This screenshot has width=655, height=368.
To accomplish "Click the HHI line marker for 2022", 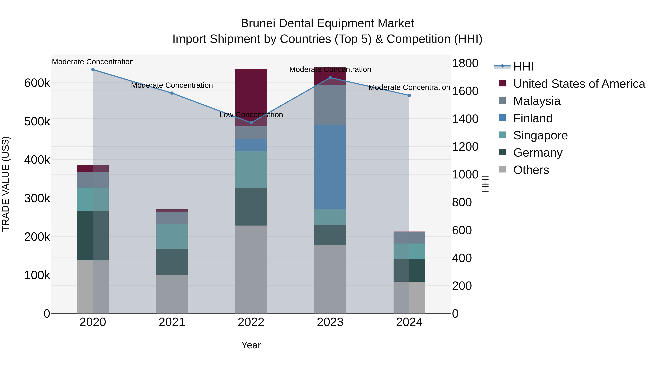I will (x=251, y=123).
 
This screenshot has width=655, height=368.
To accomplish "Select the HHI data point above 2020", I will (x=93, y=70).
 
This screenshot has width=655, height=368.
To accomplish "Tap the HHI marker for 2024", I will (x=409, y=95).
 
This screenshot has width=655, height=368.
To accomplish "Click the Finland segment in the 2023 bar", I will (x=330, y=167).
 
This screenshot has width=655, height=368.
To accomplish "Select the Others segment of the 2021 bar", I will (x=172, y=294).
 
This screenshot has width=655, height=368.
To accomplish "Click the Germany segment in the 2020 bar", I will (x=93, y=235).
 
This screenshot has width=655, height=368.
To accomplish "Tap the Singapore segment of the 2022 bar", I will (x=251, y=170).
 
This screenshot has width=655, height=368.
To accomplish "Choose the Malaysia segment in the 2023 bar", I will (x=330, y=105).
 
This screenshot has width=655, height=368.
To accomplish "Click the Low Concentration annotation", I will (x=251, y=115).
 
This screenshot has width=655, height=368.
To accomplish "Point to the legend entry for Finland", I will (x=533, y=118).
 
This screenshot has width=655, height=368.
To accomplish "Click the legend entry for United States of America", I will (x=579, y=84).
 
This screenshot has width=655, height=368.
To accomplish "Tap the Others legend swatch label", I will (x=531, y=170).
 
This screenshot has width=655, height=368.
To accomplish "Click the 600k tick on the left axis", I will (x=37, y=83).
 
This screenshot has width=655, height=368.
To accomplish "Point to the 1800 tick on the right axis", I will (x=465, y=63).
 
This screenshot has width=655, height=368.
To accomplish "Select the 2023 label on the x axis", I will (x=330, y=322).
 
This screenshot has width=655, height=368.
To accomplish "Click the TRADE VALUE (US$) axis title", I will (x=6, y=184).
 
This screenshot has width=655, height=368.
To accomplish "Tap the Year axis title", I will (x=251, y=345).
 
